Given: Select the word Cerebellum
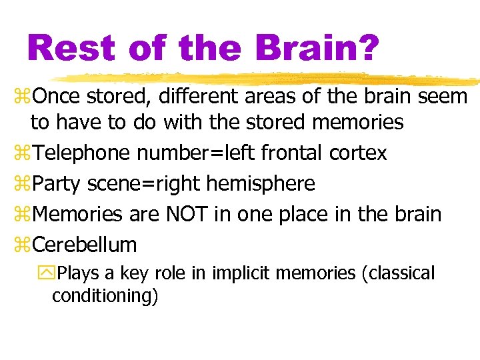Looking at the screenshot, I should pos(84,245).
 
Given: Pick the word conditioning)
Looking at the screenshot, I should pos(105,295).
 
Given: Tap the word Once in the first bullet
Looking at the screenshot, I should pos(56,97).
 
